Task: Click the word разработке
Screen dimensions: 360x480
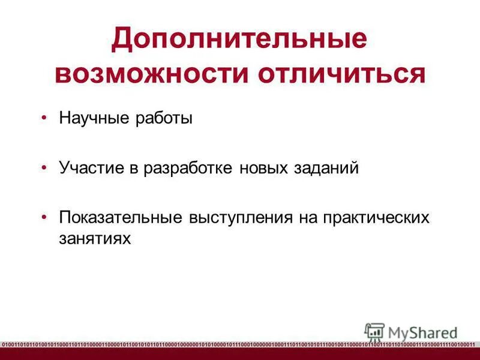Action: coord(189,167)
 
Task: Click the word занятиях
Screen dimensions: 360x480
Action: coord(94,238)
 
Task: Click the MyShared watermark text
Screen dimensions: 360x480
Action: coord(422,331)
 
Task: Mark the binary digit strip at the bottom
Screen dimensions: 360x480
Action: coord(240,344)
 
